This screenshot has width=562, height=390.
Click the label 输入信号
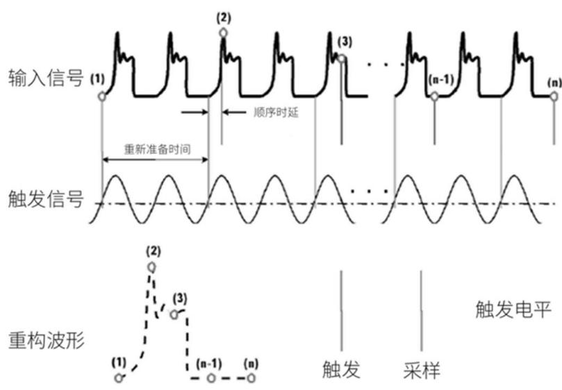(46, 78)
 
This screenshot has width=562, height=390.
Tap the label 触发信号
(46, 198)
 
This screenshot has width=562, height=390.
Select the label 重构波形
(46, 340)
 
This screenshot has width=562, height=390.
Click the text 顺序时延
(276, 112)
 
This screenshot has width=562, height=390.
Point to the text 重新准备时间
(157, 149)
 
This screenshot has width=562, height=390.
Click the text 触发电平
(513, 310)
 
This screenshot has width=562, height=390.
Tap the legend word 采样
(422, 371)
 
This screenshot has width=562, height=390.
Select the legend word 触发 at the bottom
(341, 369)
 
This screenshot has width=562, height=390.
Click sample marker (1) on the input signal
(102, 96)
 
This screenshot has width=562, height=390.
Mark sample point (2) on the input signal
(223, 33)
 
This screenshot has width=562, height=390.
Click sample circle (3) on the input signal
(342, 58)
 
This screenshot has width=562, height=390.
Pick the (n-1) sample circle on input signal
(434, 96)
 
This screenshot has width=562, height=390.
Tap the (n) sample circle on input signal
(554, 96)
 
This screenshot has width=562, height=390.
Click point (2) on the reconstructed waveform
(152, 267)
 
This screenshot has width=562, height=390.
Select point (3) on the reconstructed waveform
(174, 314)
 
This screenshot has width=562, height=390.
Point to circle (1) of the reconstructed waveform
(119, 378)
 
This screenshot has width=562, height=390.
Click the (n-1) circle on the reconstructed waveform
(211, 378)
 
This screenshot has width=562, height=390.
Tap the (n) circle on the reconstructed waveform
(251, 378)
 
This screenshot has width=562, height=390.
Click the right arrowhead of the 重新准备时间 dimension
(206, 160)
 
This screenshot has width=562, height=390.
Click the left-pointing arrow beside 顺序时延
(234, 112)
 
